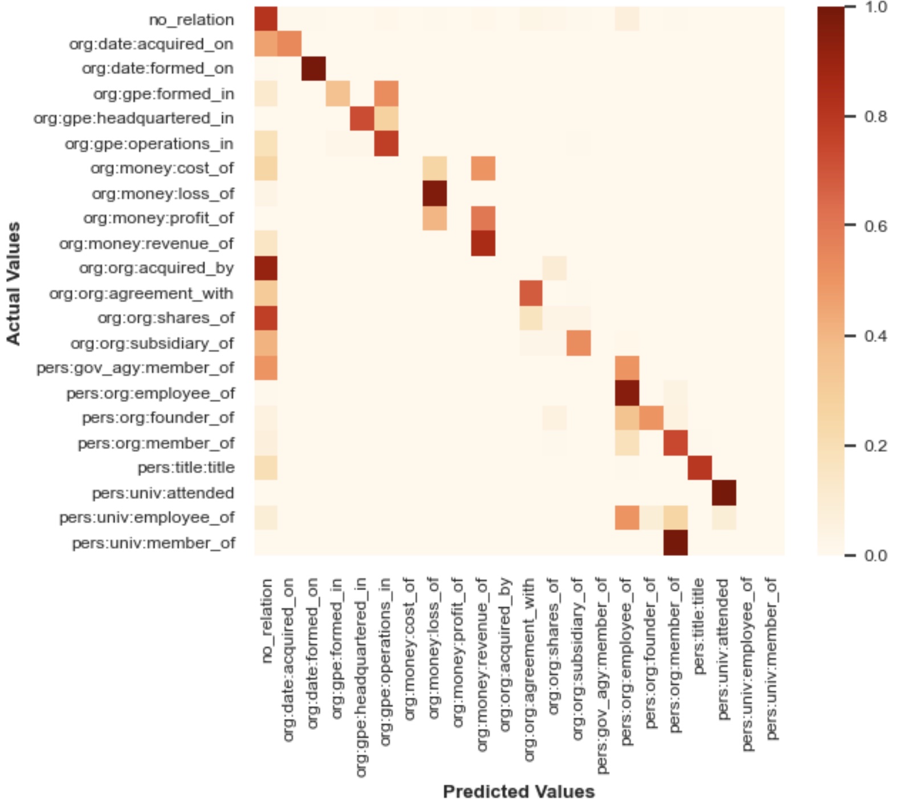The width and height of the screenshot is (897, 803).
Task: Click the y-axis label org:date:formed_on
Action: [x=157, y=68]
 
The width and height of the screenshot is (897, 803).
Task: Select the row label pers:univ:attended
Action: [x=163, y=493]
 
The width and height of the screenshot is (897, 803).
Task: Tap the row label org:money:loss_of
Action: [x=163, y=194]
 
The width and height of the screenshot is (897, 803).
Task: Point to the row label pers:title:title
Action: [x=186, y=468]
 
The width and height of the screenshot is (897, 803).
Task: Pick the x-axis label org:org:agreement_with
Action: [x=529, y=670]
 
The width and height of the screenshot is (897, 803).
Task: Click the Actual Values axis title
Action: [x=13, y=283]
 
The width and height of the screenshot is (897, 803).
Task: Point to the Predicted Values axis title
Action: [x=519, y=792]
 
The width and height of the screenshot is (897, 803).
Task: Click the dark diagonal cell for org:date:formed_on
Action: [x=313, y=68]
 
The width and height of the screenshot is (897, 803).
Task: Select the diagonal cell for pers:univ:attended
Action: [x=724, y=493]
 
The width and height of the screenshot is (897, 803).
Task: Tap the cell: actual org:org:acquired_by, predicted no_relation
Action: [x=266, y=268]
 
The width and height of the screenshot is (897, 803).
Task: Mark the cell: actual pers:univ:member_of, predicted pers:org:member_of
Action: [x=676, y=543]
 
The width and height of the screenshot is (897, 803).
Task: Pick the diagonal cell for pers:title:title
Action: [x=700, y=468]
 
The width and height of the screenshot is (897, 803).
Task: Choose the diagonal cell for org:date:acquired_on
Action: [x=290, y=44]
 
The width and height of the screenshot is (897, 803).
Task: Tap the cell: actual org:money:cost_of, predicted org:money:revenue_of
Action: [x=483, y=168]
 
